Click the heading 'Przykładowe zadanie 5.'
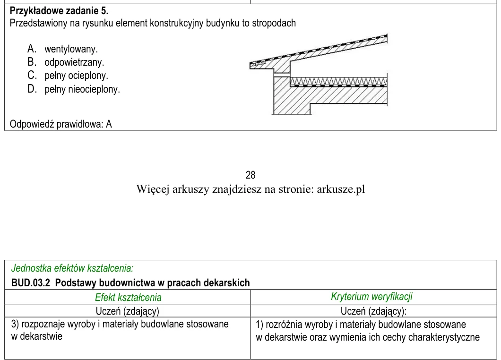59,11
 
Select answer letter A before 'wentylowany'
32,49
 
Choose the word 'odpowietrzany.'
75,62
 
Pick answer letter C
32,75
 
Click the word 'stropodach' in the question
274,23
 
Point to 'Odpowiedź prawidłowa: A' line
61,124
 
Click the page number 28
250,175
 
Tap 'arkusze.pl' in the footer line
341,189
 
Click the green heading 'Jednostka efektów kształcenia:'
72,268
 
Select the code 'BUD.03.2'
31,283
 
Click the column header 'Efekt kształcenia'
128,297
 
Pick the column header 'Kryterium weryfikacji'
371,296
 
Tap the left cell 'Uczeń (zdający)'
128,311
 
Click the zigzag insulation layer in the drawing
339,81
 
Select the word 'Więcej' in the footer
153,189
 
